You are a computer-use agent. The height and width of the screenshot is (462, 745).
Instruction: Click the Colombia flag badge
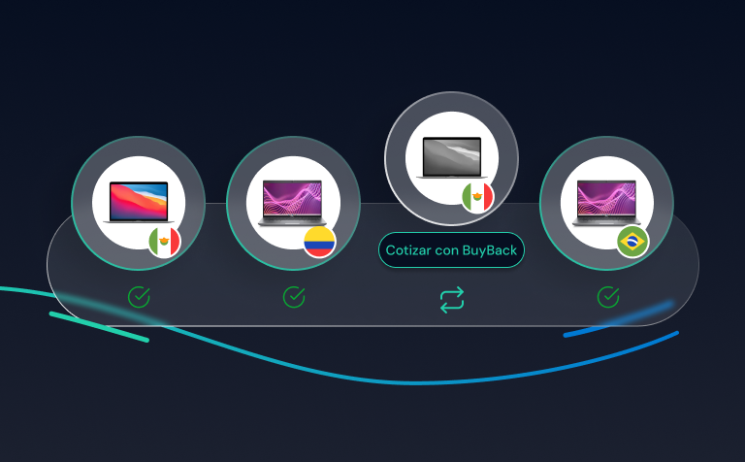[319, 243]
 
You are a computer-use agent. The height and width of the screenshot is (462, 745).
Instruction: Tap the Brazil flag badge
[632, 241]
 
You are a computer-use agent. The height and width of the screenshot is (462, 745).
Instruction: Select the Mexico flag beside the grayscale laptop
[477, 197]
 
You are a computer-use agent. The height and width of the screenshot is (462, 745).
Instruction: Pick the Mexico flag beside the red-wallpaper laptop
[164, 242]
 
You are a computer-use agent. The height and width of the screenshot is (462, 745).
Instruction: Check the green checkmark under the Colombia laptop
[294, 297]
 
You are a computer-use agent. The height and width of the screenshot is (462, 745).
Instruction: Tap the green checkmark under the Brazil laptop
[608, 297]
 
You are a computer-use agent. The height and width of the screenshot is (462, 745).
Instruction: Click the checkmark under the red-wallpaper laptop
[139, 297]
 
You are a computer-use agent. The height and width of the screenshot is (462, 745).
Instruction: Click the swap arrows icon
[451, 299]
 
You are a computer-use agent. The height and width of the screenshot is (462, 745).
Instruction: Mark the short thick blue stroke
[618, 320]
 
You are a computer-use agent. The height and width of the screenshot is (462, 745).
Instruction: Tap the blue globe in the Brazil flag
[632, 241]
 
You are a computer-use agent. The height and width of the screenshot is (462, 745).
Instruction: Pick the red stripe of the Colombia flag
[319, 252]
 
